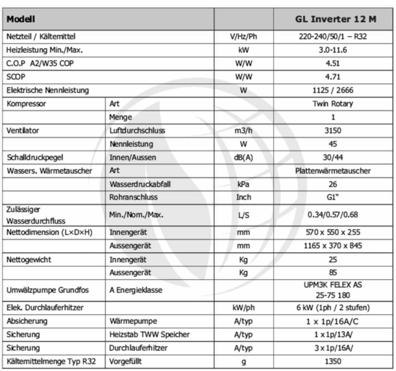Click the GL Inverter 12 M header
[335, 19]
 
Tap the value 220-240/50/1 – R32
[333, 37]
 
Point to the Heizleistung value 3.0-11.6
[333, 50]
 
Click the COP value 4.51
[333, 63]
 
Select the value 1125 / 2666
[333, 90]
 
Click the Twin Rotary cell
[333, 104]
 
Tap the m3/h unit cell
[244, 130]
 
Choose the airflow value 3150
[333, 130]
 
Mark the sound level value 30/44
[333, 157]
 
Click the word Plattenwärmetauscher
[333, 171]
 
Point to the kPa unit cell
[244, 184]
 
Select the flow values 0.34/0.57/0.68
[333, 215]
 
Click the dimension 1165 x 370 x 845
[333, 246]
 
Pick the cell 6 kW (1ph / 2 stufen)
[333, 308]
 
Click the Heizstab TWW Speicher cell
[150, 334]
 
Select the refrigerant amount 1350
[333, 361]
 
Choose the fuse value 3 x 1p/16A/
[333, 348]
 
